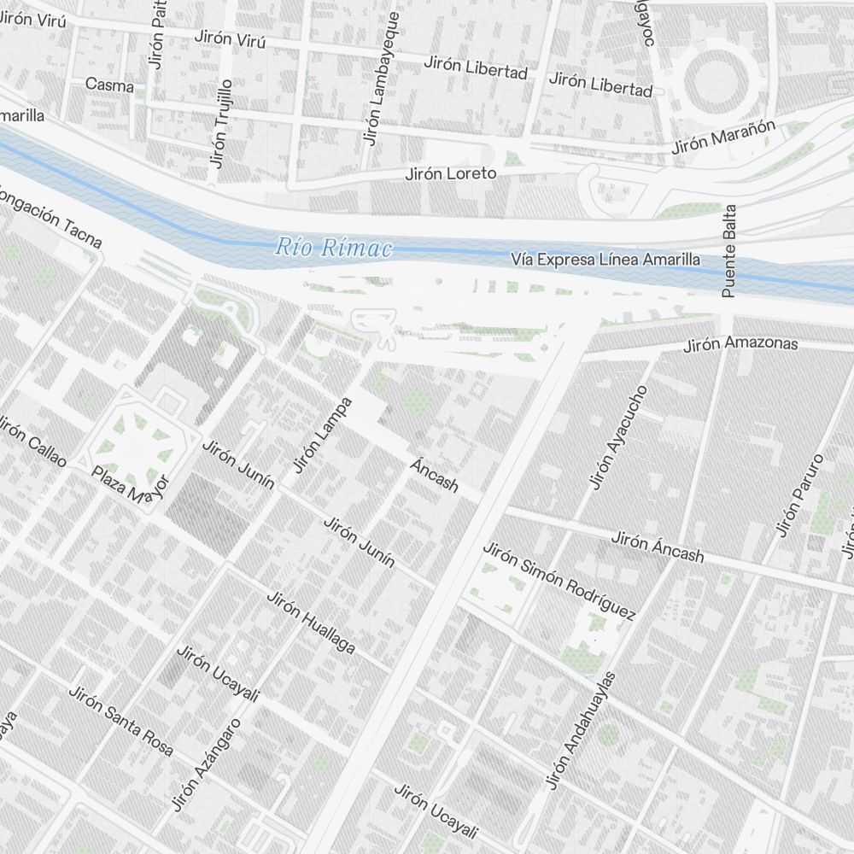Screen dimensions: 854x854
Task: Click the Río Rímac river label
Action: coord(333,249)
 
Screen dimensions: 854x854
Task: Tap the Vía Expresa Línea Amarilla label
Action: coord(605,259)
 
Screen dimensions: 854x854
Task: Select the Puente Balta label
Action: coord(728,250)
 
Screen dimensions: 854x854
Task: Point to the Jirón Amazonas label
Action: coord(740,344)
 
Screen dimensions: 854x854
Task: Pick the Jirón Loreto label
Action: coord(450,173)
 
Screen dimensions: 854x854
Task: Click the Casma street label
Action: coord(109,85)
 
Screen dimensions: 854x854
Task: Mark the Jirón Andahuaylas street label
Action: coord(582,731)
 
